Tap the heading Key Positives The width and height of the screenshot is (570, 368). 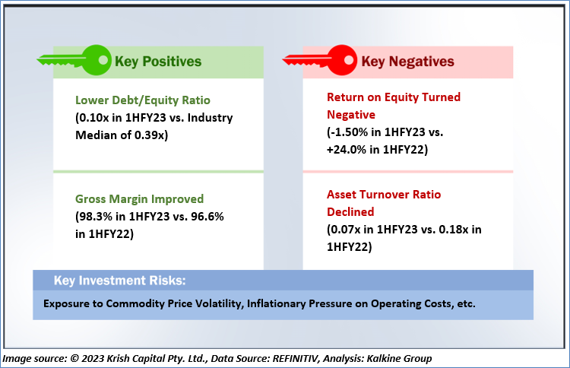coord(158,62)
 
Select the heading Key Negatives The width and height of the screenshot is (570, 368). coord(407,62)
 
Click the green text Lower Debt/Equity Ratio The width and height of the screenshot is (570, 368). coord(143,100)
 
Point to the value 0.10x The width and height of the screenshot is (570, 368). coord(96,117)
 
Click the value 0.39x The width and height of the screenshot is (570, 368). coord(150,135)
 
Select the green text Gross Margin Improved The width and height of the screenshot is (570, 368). coord(140,199)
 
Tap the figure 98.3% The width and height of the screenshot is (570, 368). coord(96,217)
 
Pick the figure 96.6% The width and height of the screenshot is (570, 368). coord(207,217)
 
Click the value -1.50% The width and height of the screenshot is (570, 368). coord(349,132)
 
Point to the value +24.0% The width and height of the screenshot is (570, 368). coord(346,150)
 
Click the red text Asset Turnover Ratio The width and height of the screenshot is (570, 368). coord(384,195)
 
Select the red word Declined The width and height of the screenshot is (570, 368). coord(350,212)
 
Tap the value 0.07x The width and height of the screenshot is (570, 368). coord(347,230)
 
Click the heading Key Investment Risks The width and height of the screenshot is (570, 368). coord(119,281)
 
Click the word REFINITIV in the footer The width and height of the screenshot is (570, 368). coord(296,359)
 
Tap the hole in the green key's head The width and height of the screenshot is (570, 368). coord(103,59)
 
